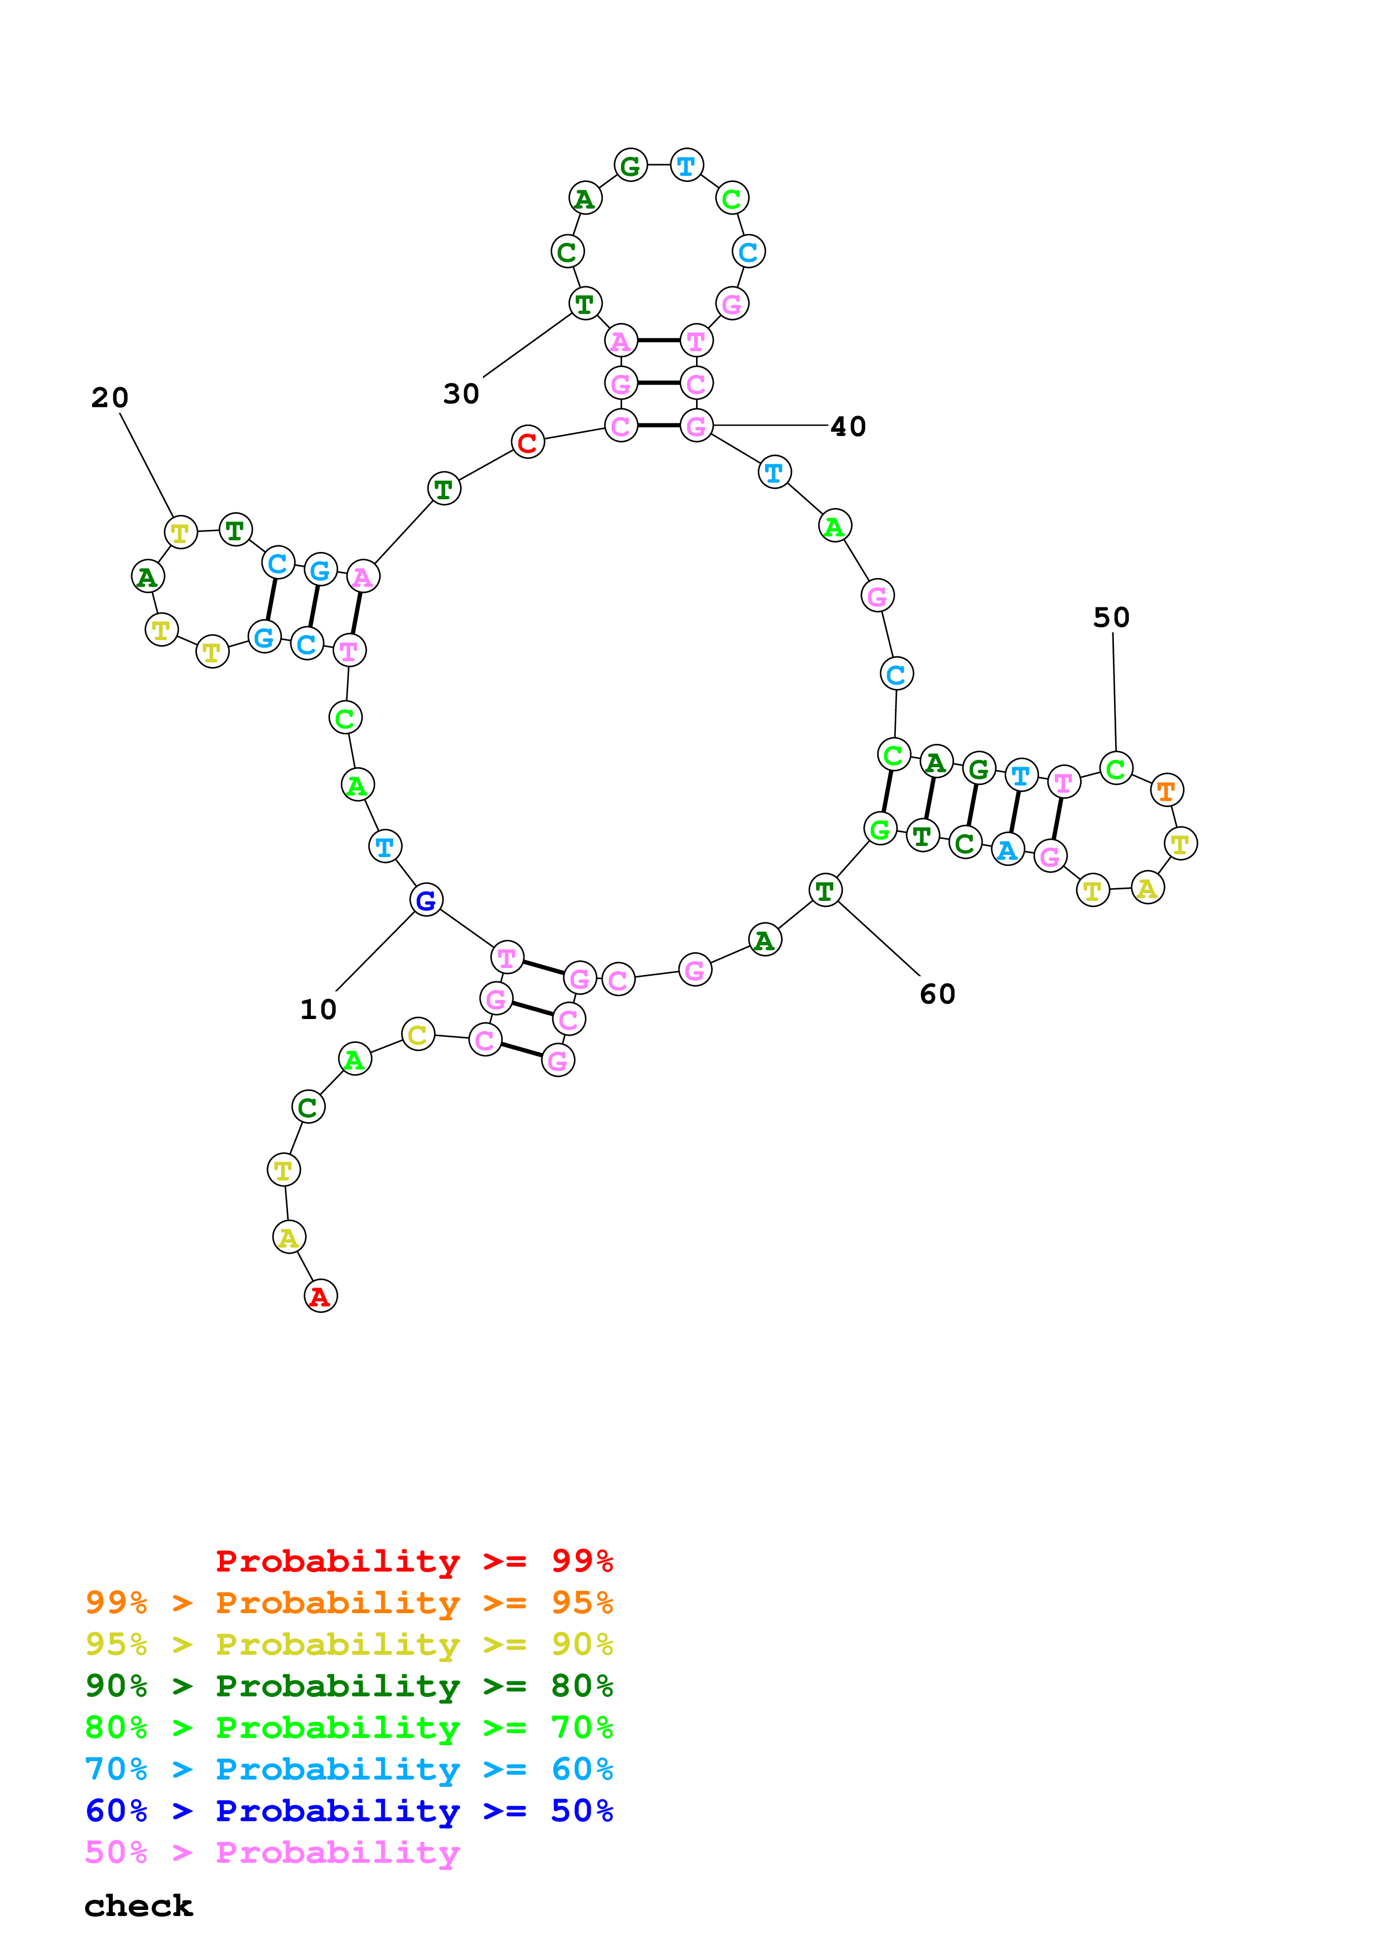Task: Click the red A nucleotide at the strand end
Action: coord(320,1296)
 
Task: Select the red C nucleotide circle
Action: coord(527,442)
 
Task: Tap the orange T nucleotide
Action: coord(1167,790)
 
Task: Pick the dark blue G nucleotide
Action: coord(426,900)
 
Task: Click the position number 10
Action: coord(319,1010)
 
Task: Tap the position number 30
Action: coord(461,393)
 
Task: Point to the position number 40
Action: coord(848,427)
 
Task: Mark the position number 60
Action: coord(938,994)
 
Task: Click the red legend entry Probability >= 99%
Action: coord(414,1561)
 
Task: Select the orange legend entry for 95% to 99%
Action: coord(349,1603)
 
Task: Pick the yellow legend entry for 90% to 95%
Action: coord(349,1644)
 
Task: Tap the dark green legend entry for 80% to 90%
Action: coord(349,1686)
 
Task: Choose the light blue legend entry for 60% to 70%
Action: coord(349,1769)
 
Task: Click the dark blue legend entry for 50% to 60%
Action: coord(349,1811)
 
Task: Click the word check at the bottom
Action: coord(138,1906)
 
